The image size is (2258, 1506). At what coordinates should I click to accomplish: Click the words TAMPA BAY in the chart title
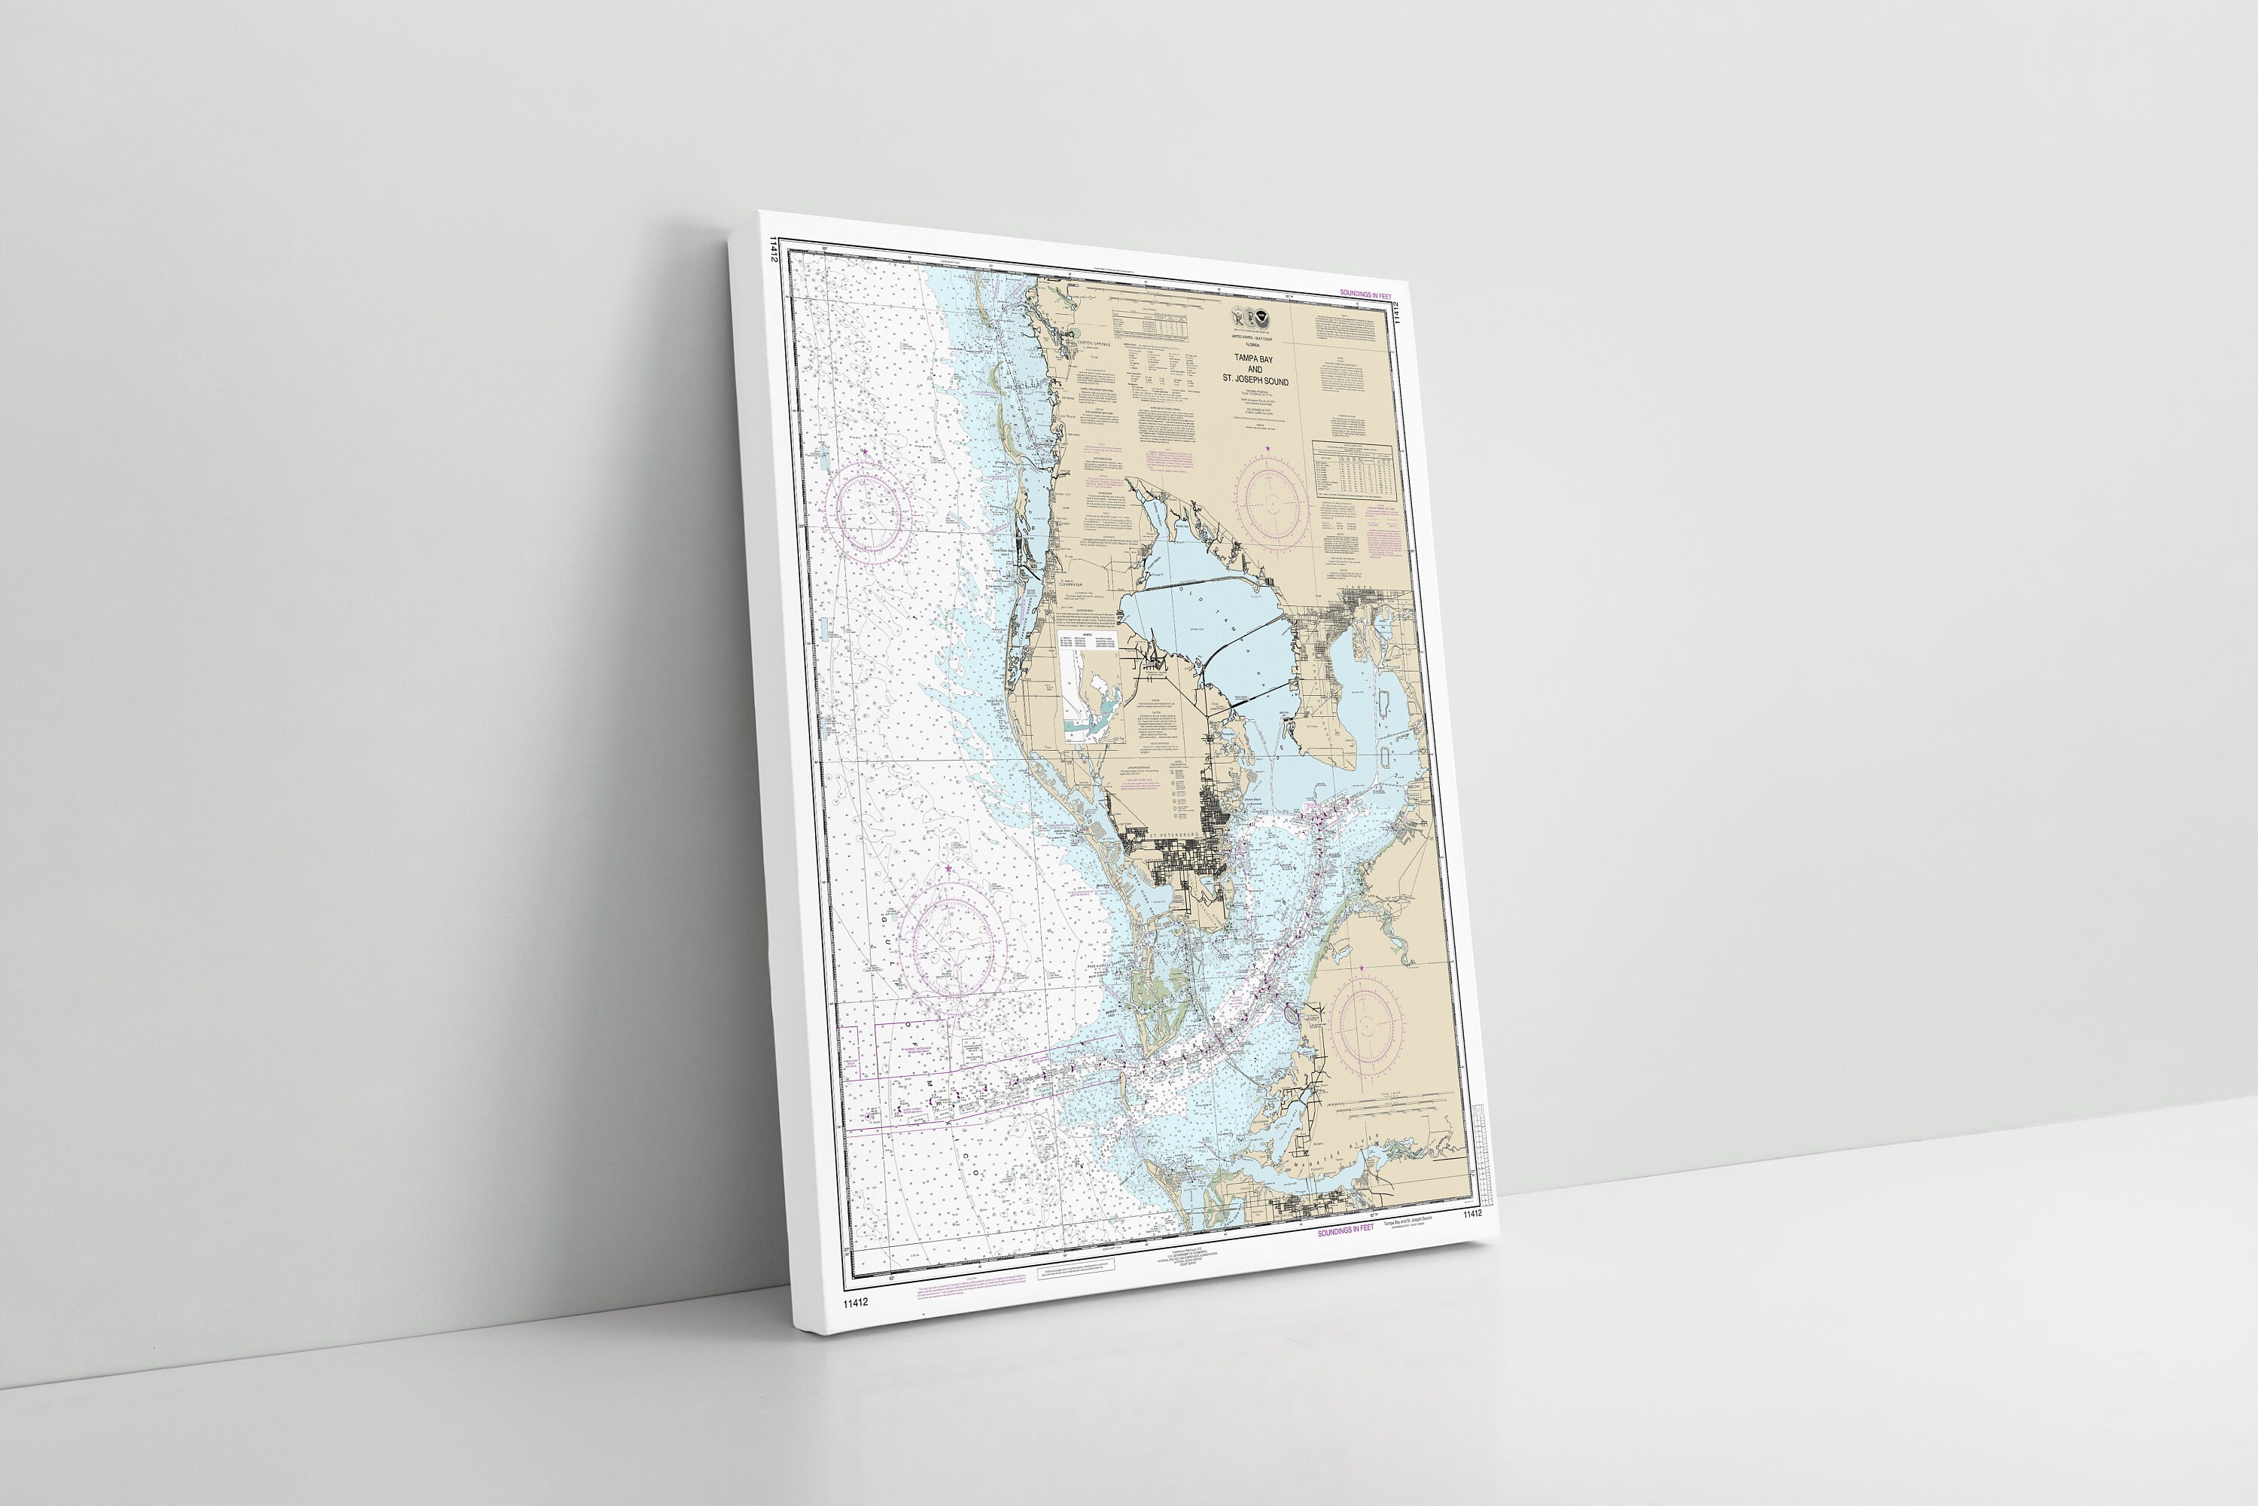(x=1253, y=358)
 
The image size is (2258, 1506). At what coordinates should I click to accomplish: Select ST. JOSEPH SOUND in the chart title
(x=1255, y=380)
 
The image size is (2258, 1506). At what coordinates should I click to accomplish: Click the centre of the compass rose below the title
(x=1272, y=503)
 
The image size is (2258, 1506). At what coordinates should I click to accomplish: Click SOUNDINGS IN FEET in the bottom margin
(x=1345, y=1230)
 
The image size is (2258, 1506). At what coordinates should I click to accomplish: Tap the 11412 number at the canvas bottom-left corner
(x=855, y=1303)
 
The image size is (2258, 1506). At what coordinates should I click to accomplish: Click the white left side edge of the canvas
(x=760, y=768)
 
